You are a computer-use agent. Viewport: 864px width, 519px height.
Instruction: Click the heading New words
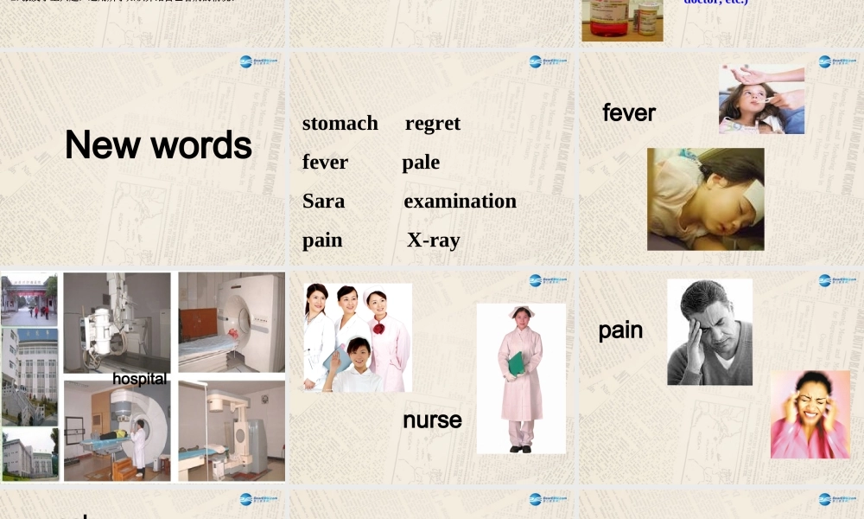point(158,145)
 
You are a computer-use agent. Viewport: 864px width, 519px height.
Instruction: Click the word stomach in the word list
point(340,124)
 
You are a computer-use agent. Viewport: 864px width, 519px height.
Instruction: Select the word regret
point(433,124)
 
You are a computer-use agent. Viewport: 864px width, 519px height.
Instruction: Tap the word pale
point(421,163)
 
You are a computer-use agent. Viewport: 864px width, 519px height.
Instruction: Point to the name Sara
point(323,202)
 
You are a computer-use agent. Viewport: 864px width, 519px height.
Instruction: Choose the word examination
point(460,202)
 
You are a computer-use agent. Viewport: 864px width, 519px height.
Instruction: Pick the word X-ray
point(433,240)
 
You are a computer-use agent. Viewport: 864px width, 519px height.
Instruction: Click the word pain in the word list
point(322,240)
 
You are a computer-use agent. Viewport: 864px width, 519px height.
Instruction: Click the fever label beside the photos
point(629,113)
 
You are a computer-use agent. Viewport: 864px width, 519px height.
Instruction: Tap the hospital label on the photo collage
point(139,379)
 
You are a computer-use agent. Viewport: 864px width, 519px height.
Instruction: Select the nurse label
point(432,420)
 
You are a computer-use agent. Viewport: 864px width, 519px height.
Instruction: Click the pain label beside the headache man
point(620,330)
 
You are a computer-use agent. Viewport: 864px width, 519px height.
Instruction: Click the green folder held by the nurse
point(516,364)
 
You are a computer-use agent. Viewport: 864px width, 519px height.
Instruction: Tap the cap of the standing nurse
point(521,311)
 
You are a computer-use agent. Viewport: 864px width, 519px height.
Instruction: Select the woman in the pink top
point(810,415)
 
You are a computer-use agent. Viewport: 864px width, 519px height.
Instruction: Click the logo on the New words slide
point(258,61)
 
